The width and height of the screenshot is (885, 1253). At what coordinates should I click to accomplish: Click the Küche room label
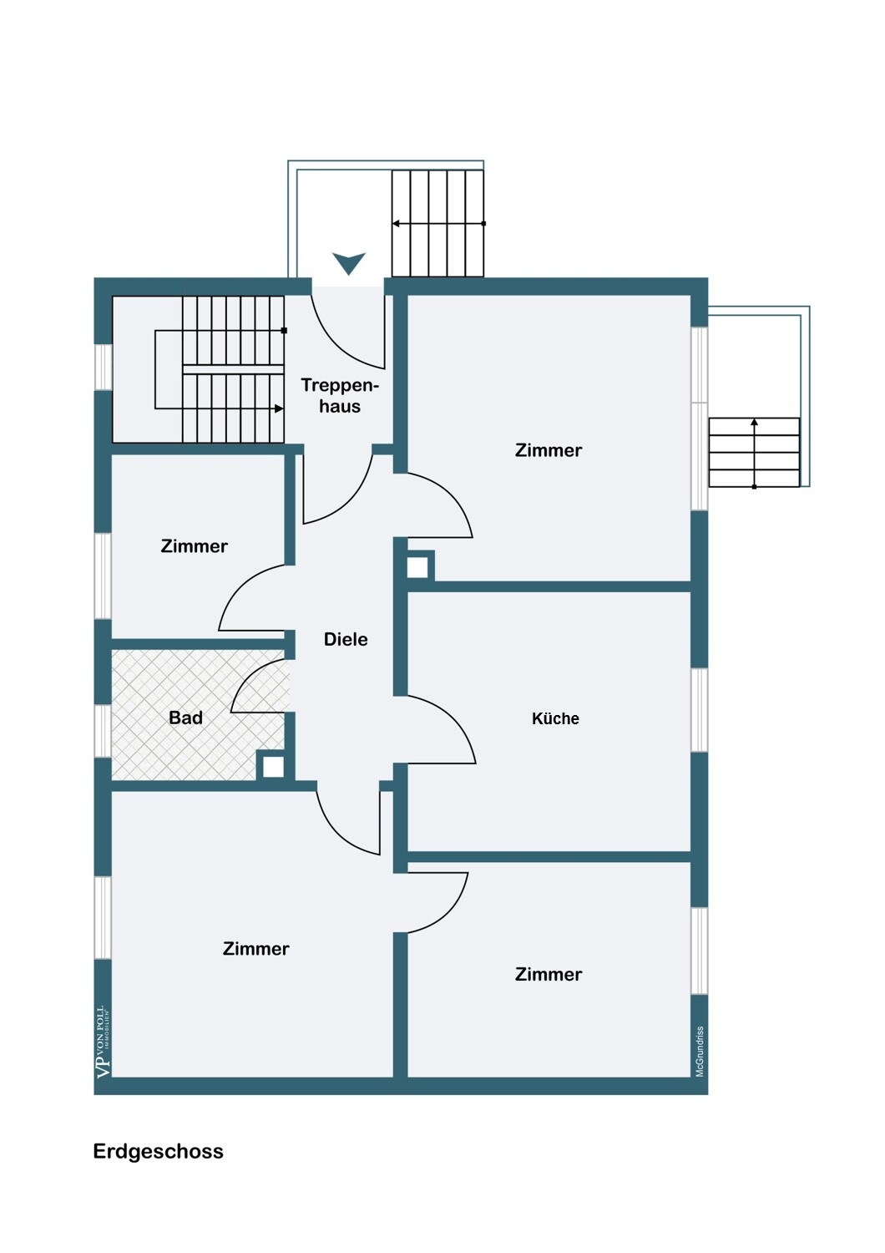(x=555, y=718)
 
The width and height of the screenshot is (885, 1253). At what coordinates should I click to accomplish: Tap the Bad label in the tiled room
(x=185, y=718)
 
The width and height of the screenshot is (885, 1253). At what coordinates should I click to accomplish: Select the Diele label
(x=346, y=639)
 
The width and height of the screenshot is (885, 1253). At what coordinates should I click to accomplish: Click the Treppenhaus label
(x=340, y=396)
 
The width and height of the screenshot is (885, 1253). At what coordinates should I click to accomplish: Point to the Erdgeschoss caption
(x=158, y=1151)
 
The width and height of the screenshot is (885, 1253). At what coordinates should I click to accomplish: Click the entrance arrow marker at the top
(x=349, y=263)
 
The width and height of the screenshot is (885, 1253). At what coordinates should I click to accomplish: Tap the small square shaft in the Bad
(x=273, y=767)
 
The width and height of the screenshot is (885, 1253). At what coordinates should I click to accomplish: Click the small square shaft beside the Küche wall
(x=417, y=567)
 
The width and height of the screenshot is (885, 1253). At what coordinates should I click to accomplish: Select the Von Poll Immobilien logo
(x=103, y=1042)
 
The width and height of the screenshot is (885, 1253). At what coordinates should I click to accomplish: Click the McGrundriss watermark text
(x=700, y=1051)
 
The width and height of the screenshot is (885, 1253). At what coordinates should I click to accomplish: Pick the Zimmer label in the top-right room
(x=549, y=450)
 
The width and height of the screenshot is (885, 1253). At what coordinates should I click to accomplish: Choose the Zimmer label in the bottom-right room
(x=549, y=974)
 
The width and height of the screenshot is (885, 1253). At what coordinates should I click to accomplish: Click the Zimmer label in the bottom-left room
(x=255, y=949)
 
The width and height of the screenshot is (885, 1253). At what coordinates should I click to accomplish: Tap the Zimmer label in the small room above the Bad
(x=194, y=546)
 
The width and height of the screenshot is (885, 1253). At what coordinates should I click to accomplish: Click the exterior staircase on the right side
(x=754, y=452)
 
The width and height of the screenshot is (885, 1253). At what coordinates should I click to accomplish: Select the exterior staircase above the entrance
(x=437, y=223)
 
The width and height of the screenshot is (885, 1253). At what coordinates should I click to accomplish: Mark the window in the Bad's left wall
(x=103, y=731)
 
